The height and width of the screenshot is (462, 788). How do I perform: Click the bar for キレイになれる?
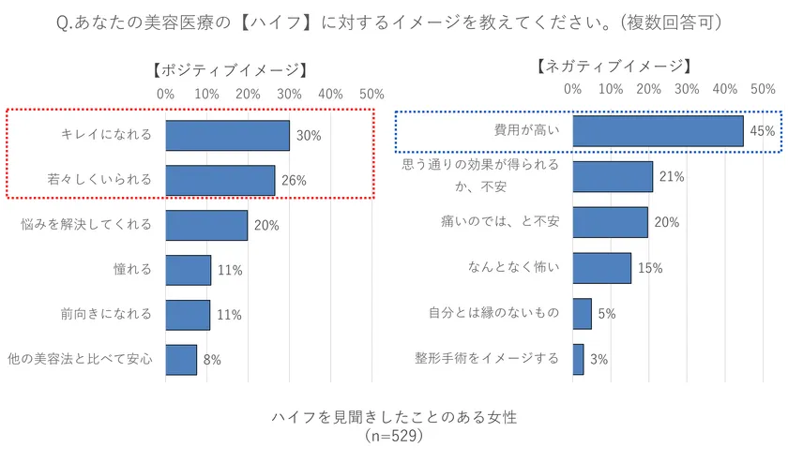[x=227, y=136]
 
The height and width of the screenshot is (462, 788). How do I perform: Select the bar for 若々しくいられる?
[x=220, y=181]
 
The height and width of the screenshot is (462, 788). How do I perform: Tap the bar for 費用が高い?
[x=658, y=131]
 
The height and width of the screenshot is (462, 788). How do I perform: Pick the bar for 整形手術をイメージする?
[x=578, y=359]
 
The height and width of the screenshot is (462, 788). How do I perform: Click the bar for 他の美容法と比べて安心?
[x=181, y=359]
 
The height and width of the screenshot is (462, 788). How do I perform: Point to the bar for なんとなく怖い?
[x=601, y=268]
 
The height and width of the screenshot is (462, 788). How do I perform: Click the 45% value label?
[x=762, y=132]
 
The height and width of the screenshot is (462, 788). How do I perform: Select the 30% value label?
[x=309, y=136]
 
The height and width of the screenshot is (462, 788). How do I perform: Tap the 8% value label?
[x=211, y=360]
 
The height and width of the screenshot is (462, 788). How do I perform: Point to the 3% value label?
[x=599, y=359]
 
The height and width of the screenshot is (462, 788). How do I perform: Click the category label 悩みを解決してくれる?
[x=85, y=225]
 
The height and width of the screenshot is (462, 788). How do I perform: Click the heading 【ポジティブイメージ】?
[x=228, y=70]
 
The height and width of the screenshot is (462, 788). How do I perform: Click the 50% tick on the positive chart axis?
[x=371, y=94]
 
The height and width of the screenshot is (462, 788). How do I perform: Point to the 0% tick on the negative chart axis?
[x=572, y=89]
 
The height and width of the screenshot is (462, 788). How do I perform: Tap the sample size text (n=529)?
[x=394, y=436]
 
